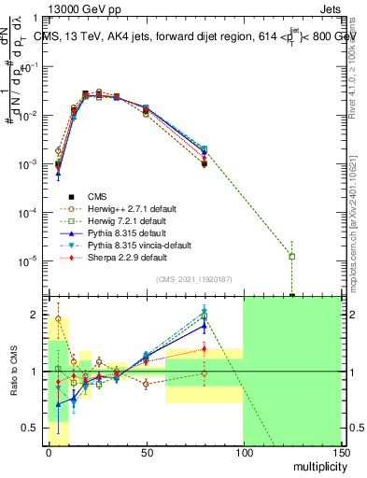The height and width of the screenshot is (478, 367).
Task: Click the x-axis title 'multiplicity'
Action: [x=317, y=464]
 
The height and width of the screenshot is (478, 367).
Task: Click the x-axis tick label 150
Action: [x=341, y=451]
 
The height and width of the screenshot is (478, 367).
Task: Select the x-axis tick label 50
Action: [x=145, y=451]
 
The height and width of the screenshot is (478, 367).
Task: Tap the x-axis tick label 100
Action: [x=243, y=451]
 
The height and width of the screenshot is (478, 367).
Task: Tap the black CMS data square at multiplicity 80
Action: [x=204, y=164]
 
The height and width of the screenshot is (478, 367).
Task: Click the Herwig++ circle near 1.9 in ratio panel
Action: [x=58, y=318]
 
